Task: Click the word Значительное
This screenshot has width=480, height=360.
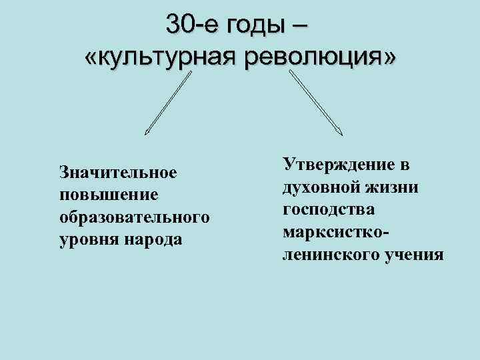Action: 118,173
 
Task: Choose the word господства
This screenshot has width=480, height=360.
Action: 329,209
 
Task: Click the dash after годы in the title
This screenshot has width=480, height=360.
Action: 300,25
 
